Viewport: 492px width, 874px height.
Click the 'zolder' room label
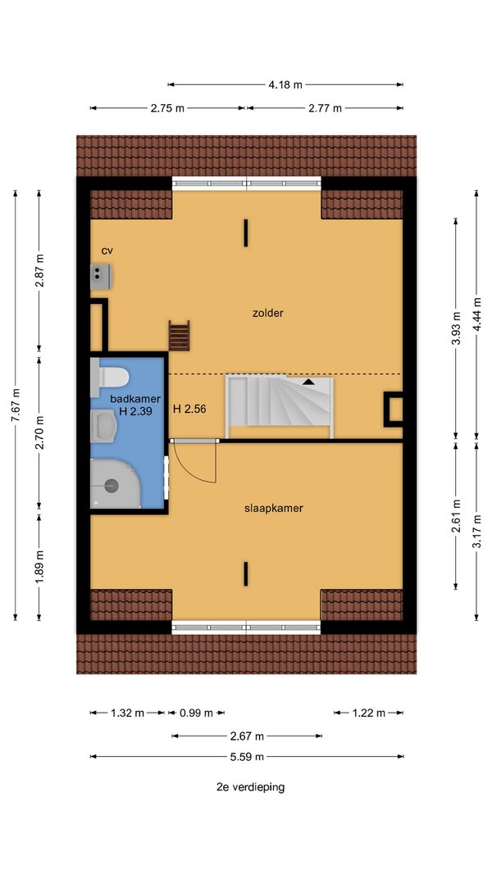(268, 313)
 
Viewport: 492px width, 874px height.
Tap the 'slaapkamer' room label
(273, 509)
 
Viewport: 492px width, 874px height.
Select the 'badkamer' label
(135, 399)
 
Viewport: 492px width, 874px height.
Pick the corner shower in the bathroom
(114, 484)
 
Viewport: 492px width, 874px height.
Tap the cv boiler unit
(101, 277)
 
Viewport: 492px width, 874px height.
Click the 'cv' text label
(107, 251)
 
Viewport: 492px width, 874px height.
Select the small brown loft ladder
(180, 336)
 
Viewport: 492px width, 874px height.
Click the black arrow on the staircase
(307, 382)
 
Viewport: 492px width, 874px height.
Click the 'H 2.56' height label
(189, 409)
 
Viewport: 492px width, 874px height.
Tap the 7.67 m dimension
(15, 405)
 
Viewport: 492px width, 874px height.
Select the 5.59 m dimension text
(247, 756)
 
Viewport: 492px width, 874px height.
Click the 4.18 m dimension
(285, 84)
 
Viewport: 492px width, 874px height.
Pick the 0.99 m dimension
(196, 713)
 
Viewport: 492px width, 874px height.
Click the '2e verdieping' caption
(250, 787)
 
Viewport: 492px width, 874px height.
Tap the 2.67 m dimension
(247, 736)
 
